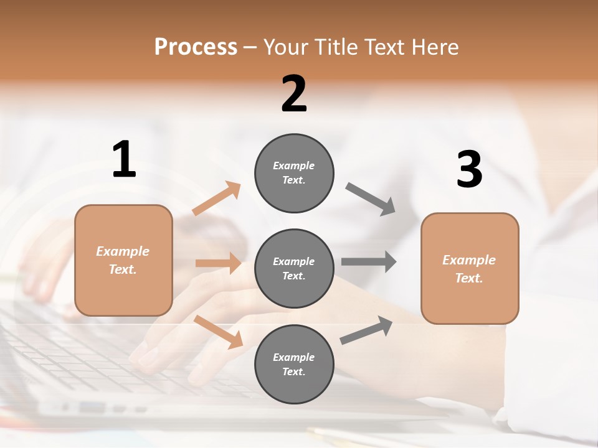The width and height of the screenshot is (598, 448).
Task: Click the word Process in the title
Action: pos(196,47)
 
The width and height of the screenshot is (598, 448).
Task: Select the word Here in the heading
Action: pos(435,47)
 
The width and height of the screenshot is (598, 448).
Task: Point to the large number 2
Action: pos(294,94)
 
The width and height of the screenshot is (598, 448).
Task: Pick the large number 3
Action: pos(470,170)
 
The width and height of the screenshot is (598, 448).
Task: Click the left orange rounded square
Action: pos(123,260)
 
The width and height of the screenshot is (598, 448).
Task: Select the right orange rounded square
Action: pos(470,268)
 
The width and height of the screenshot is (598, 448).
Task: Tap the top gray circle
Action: pos(294,173)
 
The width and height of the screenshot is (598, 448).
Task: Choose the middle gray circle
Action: pos(294,268)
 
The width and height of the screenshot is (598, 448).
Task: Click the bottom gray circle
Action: pos(294,364)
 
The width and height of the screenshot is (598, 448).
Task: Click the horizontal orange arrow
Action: pos(218,263)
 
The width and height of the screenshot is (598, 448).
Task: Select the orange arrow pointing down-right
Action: pos(219,332)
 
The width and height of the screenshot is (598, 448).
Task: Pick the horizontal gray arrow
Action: pos(369,261)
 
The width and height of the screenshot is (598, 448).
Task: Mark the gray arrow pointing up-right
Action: pos(366,330)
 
